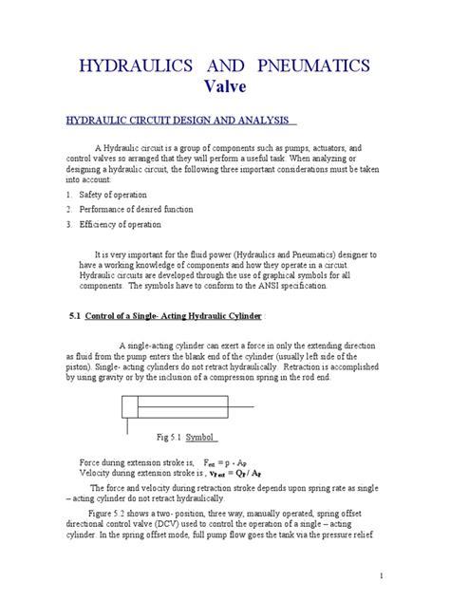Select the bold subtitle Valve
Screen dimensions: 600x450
[x=225, y=87]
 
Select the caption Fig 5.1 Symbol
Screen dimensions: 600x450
[x=188, y=438]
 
